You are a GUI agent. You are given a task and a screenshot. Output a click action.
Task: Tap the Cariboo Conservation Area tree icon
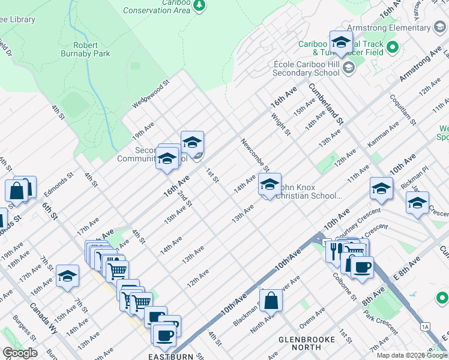click(x=200, y=6)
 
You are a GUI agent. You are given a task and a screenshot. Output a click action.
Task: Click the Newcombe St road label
click(x=255, y=154)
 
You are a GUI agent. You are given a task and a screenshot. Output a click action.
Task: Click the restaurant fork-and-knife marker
click(x=334, y=251)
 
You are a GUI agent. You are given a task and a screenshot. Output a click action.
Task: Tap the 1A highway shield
click(x=426, y=326)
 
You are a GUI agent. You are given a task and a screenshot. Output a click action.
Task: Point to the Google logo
click(x=20, y=353)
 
